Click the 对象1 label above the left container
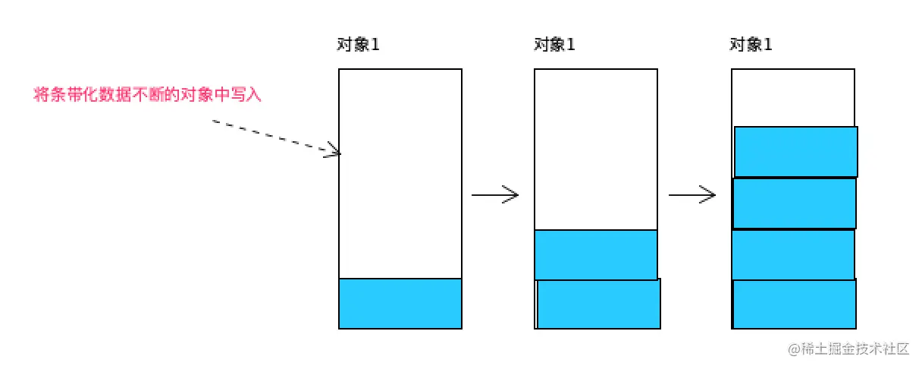(x=358, y=45)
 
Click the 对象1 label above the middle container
(x=554, y=45)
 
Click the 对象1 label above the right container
(x=751, y=45)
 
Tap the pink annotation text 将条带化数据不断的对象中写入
(x=148, y=95)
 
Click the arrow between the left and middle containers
(x=494, y=195)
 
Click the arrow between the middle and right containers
(x=691, y=195)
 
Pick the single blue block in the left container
(x=400, y=303)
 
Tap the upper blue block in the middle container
(x=595, y=254)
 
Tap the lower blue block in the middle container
(x=598, y=304)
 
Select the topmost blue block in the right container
(x=796, y=151)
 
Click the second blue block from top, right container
(x=794, y=203)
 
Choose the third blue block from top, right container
(x=793, y=254)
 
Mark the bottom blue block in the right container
(x=794, y=304)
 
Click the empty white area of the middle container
(x=595, y=149)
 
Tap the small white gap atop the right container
(x=793, y=97)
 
